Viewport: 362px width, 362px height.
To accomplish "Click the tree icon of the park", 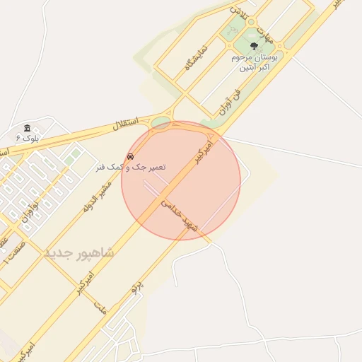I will coord(254,45).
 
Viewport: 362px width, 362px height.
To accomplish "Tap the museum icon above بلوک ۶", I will coord(27,128).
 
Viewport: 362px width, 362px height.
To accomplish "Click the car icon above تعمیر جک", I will coord(130,156).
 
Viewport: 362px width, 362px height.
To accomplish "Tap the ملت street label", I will coord(100,308).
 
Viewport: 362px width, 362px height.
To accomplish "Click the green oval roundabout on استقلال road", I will coord(162,124).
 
